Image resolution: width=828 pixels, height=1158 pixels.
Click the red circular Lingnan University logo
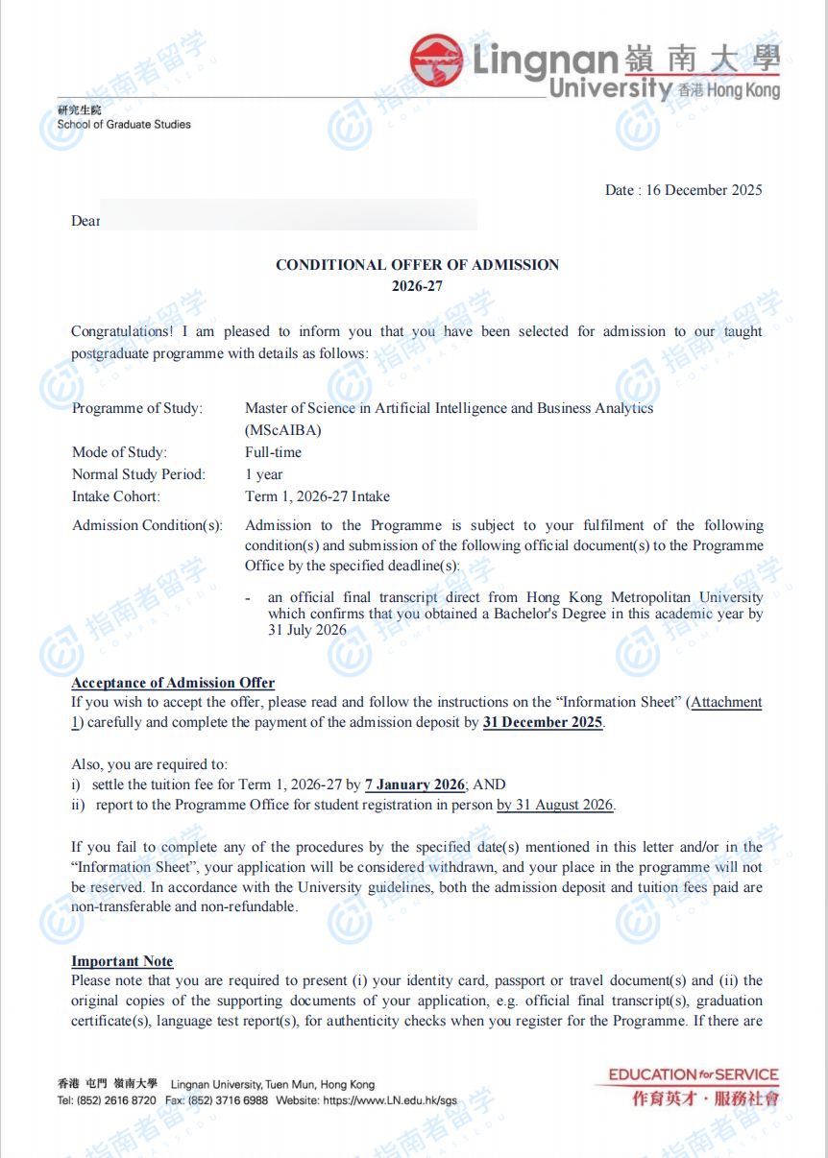tap(436, 60)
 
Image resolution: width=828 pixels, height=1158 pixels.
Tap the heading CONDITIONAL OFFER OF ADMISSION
tap(417, 265)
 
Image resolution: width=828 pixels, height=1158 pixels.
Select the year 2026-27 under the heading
tap(417, 286)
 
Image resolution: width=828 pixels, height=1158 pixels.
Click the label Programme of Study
tap(137, 408)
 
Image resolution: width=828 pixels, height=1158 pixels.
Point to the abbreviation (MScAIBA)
tap(283, 430)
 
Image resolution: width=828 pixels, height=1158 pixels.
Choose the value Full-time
tap(273, 452)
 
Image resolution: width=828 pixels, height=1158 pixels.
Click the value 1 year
tap(264, 474)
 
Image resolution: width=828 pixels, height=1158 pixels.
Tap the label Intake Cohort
tap(116, 496)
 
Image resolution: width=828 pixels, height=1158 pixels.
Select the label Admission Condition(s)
tap(147, 525)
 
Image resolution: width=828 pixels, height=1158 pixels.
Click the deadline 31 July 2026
tap(307, 631)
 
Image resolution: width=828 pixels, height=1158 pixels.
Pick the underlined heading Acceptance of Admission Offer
tap(173, 683)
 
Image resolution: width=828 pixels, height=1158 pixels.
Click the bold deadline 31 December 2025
tap(543, 722)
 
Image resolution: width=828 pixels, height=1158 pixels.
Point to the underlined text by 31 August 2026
tap(554, 805)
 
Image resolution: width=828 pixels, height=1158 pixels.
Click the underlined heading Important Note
tap(122, 961)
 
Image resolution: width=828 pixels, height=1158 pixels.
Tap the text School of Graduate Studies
tap(124, 124)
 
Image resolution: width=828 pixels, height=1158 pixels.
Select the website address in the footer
tap(390, 1100)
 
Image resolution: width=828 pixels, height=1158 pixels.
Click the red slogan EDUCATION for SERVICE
tap(693, 1075)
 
